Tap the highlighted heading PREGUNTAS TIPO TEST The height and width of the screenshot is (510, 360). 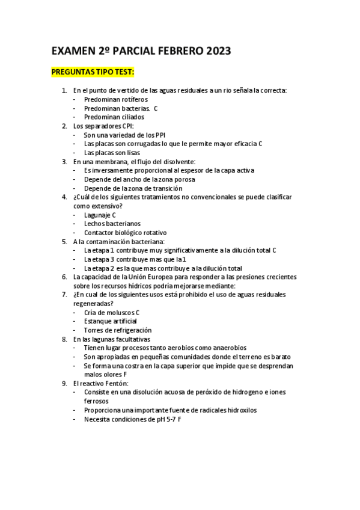93,73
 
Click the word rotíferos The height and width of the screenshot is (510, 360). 133,99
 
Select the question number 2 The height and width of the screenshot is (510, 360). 64,126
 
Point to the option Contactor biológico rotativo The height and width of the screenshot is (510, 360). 125,232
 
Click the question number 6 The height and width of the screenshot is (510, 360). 64,277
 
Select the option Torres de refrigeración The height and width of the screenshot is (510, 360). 117,330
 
